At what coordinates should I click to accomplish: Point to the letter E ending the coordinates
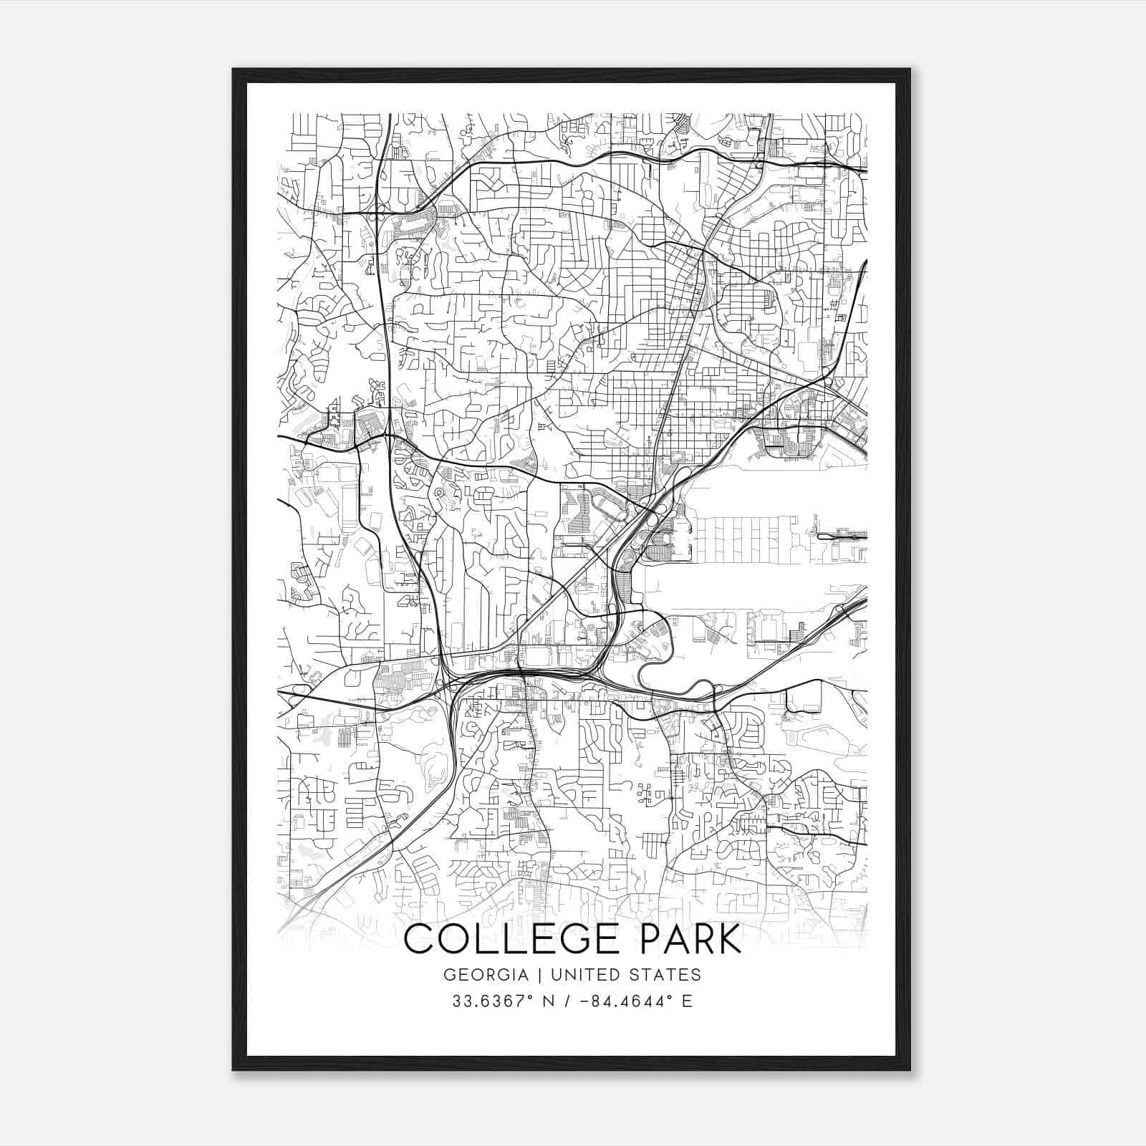pos(688,1001)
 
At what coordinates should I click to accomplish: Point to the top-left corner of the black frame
pos(233,69)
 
